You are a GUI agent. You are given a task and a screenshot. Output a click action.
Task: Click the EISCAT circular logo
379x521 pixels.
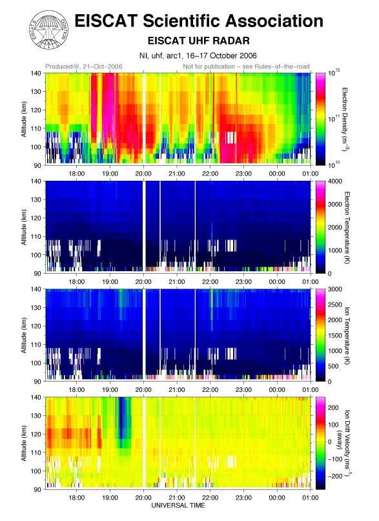(50, 30)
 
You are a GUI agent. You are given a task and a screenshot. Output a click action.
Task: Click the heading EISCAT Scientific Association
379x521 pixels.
(199, 21)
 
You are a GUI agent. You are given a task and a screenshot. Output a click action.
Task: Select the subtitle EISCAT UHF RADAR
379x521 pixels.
(198, 41)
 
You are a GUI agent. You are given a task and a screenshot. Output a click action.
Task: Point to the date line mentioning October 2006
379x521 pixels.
(198, 56)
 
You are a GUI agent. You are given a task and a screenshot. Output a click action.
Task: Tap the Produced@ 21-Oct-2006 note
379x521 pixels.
(84, 66)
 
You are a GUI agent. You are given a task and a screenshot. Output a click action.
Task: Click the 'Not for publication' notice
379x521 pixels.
(246, 66)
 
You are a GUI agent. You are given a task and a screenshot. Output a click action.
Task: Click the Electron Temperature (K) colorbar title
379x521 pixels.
(347, 227)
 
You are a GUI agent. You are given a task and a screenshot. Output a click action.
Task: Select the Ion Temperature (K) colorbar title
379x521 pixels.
(347, 335)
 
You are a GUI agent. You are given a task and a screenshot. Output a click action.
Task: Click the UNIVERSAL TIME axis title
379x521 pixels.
(178, 506)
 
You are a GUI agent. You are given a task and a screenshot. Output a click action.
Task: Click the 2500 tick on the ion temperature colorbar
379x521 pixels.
(335, 305)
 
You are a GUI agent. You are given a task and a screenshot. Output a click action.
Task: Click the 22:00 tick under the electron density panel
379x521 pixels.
(210, 174)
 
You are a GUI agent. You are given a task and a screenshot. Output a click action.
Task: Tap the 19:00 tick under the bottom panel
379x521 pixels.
(110, 497)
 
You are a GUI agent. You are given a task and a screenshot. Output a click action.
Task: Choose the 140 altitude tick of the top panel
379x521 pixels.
(37, 73)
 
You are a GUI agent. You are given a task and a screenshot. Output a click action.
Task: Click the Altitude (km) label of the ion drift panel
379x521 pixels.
(24, 444)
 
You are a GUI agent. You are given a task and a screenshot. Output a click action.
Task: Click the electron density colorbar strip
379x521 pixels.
(320, 119)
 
